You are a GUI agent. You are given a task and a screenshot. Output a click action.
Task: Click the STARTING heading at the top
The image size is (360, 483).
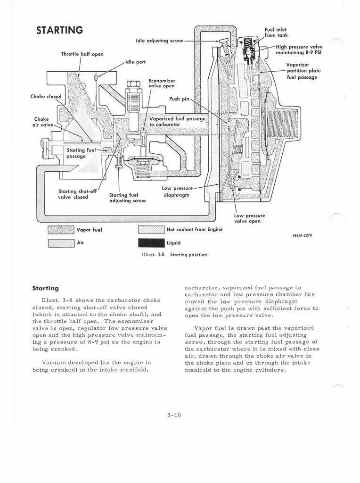point(60,30)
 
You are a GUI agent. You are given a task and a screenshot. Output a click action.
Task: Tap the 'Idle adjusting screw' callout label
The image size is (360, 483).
point(159,41)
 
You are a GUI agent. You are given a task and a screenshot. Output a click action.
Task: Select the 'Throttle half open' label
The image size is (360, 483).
point(82,54)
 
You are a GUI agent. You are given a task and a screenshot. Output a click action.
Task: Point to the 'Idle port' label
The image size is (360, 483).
point(136,62)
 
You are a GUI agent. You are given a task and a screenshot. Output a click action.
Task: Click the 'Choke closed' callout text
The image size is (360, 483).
point(46,97)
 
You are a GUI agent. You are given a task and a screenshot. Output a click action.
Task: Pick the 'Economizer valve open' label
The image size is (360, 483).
point(162,83)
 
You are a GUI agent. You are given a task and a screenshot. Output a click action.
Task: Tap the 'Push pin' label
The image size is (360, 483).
point(179,99)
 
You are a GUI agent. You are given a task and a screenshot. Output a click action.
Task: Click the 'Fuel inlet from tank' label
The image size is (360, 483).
point(276,33)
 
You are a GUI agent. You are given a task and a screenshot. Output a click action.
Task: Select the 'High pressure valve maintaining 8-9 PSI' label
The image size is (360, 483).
point(299,50)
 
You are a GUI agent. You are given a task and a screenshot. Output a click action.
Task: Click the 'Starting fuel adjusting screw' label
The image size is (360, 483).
point(127,197)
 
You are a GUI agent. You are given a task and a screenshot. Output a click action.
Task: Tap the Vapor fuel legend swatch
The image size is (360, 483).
point(61,230)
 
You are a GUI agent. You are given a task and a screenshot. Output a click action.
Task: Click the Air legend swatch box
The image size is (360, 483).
point(61,243)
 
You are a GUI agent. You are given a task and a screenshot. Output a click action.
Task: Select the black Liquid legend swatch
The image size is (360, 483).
point(151,243)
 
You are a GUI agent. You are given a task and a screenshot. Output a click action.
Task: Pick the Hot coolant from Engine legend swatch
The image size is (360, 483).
point(151,230)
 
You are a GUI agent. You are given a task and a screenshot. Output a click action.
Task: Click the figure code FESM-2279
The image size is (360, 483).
point(303,235)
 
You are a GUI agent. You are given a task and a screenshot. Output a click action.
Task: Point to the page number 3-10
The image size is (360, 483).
point(174,415)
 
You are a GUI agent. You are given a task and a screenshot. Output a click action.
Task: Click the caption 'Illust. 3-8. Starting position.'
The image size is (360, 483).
point(175,254)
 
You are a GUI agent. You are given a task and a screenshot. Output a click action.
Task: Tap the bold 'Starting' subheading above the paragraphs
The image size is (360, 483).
point(45,288)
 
